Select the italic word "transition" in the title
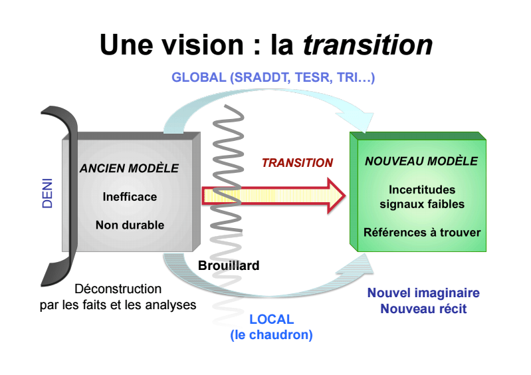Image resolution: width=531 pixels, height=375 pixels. pyautogui.click(x=368, y=45)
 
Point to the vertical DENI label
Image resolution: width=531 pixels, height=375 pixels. pyautogui.click(x=48, y=193)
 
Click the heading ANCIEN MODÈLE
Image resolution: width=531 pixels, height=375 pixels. pyautogui.click(x=129, y=169)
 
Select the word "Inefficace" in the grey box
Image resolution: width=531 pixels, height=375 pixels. pyautogui.click(x=130, y=197)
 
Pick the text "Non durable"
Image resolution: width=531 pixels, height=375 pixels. pyautogui.click(x=130, y=225)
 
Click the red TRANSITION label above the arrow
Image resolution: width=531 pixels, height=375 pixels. pyautogui.click(x=297, y=163)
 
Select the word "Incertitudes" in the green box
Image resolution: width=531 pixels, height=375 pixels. pyautogui.click(x=422, y=190)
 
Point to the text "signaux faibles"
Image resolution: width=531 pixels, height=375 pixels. pyautogui.click(x=422, y=204)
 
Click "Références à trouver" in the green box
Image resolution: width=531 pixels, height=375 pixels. pyautogui.click(x=422, y=233)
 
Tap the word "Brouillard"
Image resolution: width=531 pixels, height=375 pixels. pyautogui.click(x=229, y=265)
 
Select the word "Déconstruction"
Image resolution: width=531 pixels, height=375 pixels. pyautogui.click(x=118, y=289)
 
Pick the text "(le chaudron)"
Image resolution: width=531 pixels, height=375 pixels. pyautogui.click(x=271, y=335)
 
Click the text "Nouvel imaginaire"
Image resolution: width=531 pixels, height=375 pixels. pyautogui.click(x=423, y=293)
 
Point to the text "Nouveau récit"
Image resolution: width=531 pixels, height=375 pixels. pyautogui.click(x=423, y=309)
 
